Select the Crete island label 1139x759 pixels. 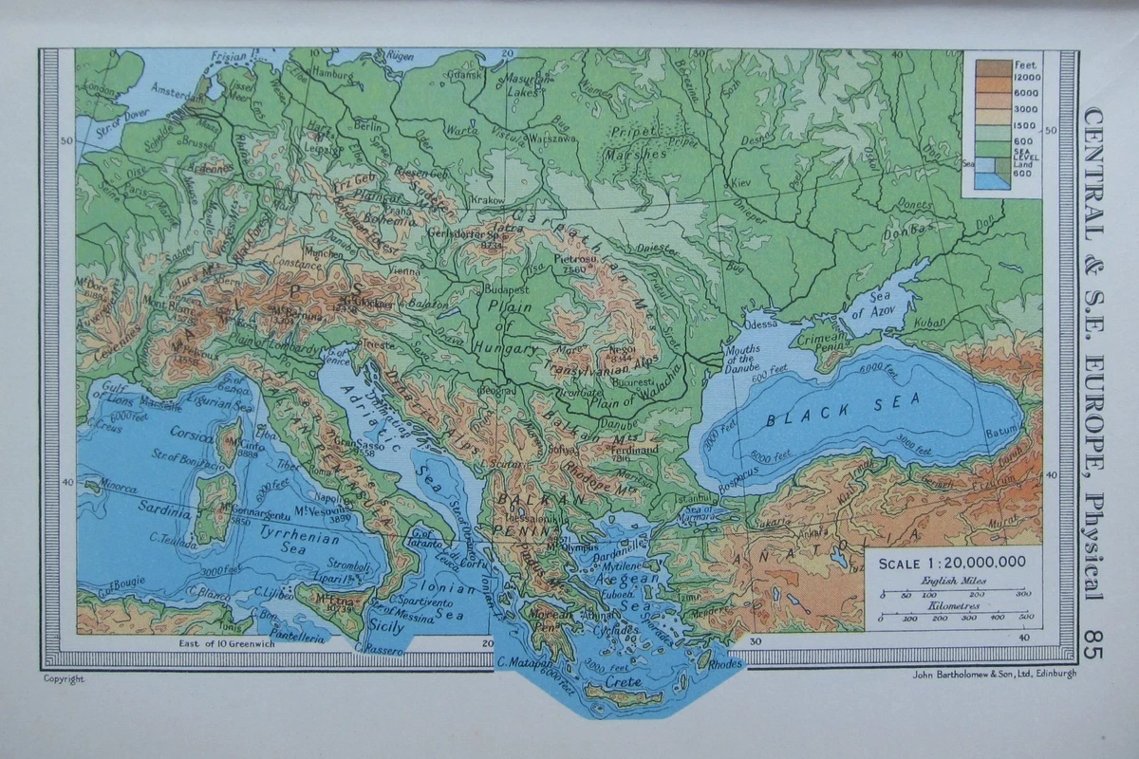(x=624, y=681)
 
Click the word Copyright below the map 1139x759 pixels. (x=64, y=678)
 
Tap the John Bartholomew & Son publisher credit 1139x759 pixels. (x=994, y=675)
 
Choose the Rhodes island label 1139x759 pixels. (x=725, y=664)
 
